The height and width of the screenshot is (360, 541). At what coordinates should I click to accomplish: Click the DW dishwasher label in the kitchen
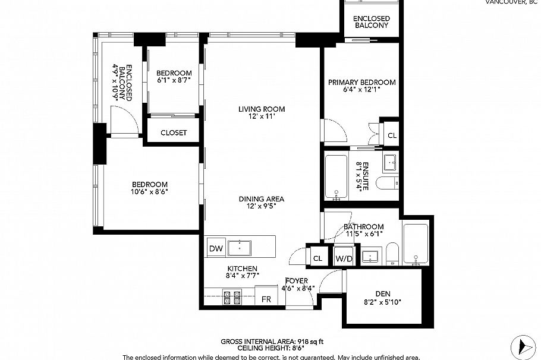click(215, 249)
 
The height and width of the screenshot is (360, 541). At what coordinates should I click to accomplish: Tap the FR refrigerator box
click(266, 298)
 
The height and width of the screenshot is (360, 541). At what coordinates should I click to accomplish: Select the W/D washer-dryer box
click(343, 258)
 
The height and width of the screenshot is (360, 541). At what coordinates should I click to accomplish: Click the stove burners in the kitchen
click(231, 297)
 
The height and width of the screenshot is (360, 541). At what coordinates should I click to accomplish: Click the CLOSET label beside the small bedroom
click(174, 132)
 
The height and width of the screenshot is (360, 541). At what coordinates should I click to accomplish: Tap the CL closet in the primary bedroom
click(391, 135)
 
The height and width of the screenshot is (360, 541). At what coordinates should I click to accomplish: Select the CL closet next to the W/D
click(317, 258)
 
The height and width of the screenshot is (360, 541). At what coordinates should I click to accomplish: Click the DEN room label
click(383, 293)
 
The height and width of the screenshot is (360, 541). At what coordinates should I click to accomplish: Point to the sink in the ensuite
click(390, 161)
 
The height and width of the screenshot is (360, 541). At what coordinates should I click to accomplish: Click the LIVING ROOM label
click(262, 109)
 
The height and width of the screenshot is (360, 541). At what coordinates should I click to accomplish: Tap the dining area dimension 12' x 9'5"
click(262, 206)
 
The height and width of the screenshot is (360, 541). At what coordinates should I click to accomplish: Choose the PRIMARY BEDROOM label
click(361, 82)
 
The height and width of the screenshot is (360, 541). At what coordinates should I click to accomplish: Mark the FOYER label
click(295, 281)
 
